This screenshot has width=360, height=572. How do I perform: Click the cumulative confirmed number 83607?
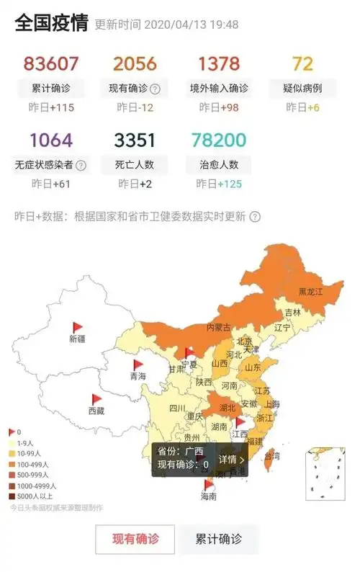(x=50, y=64)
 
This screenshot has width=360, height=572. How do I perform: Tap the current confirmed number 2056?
(x=135, y=64)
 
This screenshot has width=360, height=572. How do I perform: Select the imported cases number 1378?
(x=219, y=64)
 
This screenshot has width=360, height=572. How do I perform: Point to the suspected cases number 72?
(x=302, y=64)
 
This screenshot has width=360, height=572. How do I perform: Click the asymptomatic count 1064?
(x=50, y=140)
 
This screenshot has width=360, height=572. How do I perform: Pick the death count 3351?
(x=135, y=140)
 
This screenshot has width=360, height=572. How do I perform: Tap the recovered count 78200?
(x=219, y=140)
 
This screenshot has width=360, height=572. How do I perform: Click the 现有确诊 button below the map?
(x=135, y=539)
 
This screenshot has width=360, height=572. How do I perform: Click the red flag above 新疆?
(x=77, y=328)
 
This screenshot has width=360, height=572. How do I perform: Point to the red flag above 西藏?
(x=96, y=399)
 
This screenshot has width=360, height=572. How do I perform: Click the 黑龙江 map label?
(x=311, y=292)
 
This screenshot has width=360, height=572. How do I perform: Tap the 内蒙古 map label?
(x=219, y=327)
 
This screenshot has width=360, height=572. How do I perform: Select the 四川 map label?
(x=177, y=408)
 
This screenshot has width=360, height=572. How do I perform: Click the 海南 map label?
(x=208, y=497)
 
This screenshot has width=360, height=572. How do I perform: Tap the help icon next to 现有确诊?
(x=155, y=89)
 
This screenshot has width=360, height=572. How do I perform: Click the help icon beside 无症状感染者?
(x=81, y=165)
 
